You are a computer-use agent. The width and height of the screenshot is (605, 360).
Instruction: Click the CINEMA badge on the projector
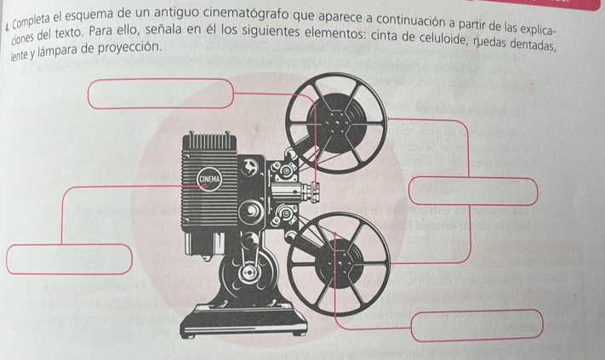tap(209, 178)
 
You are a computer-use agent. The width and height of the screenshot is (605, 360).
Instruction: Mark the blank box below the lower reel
tap(477, 324)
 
